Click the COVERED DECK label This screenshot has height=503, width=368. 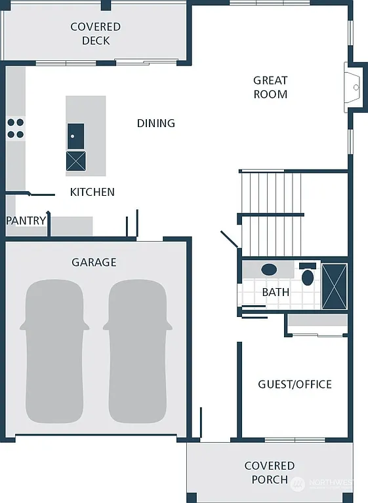point(96,33)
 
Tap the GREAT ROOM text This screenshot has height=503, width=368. point(270,87)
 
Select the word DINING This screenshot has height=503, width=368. point(155,123)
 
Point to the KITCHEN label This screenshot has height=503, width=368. point(92,192)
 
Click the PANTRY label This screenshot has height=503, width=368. point(26,221)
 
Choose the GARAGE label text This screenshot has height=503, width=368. point(94,262)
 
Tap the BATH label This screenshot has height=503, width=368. point(276,292)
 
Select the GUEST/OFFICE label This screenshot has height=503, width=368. point(295,384)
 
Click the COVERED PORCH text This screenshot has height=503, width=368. point(270,472)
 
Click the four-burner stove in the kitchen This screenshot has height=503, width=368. point(16,128)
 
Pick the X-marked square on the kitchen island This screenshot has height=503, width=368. point(75,160)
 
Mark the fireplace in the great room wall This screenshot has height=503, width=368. point(355,86)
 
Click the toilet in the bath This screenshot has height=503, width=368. point(308,275)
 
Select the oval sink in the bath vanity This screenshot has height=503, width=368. point(269,269)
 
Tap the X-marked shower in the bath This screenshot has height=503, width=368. point(334,286)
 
